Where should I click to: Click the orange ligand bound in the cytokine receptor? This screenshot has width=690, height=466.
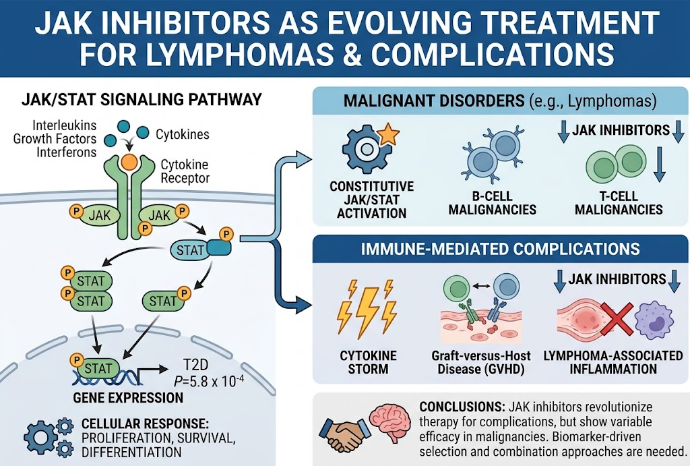pyautogui.click(x=129, y=162)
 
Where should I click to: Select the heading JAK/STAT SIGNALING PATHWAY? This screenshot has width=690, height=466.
pyautogui.click(x=142, y=100)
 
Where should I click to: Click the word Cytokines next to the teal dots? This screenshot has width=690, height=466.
pyautogui.click(x=183, y=134)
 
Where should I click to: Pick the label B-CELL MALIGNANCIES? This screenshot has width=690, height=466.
pyautogui.click(x=493, y=202)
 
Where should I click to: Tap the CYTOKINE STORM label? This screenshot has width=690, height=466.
pyautogui.click(x=368, y=362)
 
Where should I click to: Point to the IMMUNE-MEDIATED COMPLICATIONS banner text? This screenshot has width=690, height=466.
pyautogui.click(x=501, y=249)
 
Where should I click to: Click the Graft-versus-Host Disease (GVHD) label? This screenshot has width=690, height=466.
pyautogui.click(x=481, y=362)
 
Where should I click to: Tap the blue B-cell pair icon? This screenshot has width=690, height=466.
pyautogui.click(x=493, y=155)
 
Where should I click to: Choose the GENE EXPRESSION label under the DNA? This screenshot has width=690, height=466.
pyautogui.click(x=128, y=398)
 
